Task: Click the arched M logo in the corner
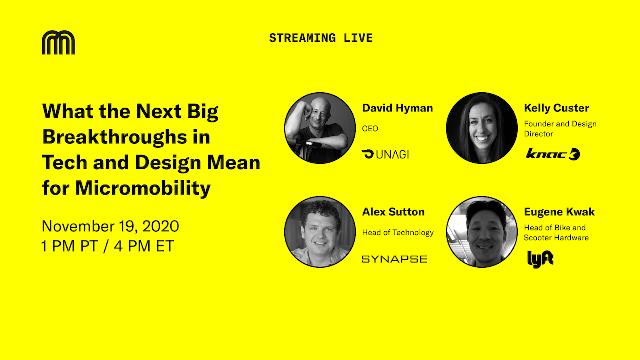58,42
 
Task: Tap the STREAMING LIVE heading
321,38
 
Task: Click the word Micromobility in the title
143,188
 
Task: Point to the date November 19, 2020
110,226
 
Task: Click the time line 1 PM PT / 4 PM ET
108,246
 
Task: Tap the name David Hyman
397,108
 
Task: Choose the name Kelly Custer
556,108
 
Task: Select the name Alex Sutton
393,212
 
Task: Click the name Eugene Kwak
559,212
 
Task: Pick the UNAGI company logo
385,154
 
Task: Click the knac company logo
553,154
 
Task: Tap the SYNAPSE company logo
395,259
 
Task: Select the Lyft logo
540,259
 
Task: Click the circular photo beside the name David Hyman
320,128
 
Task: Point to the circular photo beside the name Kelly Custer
482,128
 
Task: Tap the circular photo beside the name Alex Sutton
320,232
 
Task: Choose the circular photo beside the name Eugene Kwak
482,232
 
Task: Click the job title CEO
370,128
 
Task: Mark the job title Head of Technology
398,232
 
